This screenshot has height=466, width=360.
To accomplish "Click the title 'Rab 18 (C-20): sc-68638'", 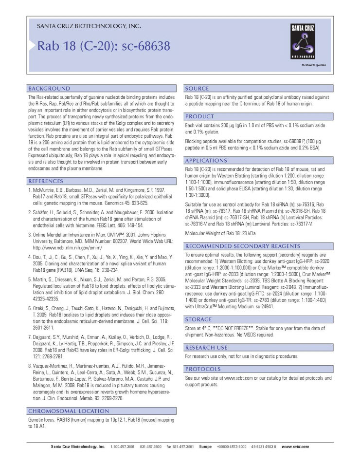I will click(104, 46).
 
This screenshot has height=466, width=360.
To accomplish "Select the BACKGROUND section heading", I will click(49, 89).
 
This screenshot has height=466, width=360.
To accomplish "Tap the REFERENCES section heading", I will click(49, 181).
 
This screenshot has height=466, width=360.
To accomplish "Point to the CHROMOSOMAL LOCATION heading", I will click(68, 411).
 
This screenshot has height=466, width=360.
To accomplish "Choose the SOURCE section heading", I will click(197, 89).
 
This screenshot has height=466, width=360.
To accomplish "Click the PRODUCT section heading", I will click(199, 117).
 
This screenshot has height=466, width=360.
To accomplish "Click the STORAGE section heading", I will click(199, 319).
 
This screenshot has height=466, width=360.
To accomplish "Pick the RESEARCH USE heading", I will click(206, 348).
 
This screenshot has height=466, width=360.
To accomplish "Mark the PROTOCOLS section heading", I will click(203, 369).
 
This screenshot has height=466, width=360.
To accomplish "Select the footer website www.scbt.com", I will click(295, 446).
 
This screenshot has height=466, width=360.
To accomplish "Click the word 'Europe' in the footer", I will click(205, 446).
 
